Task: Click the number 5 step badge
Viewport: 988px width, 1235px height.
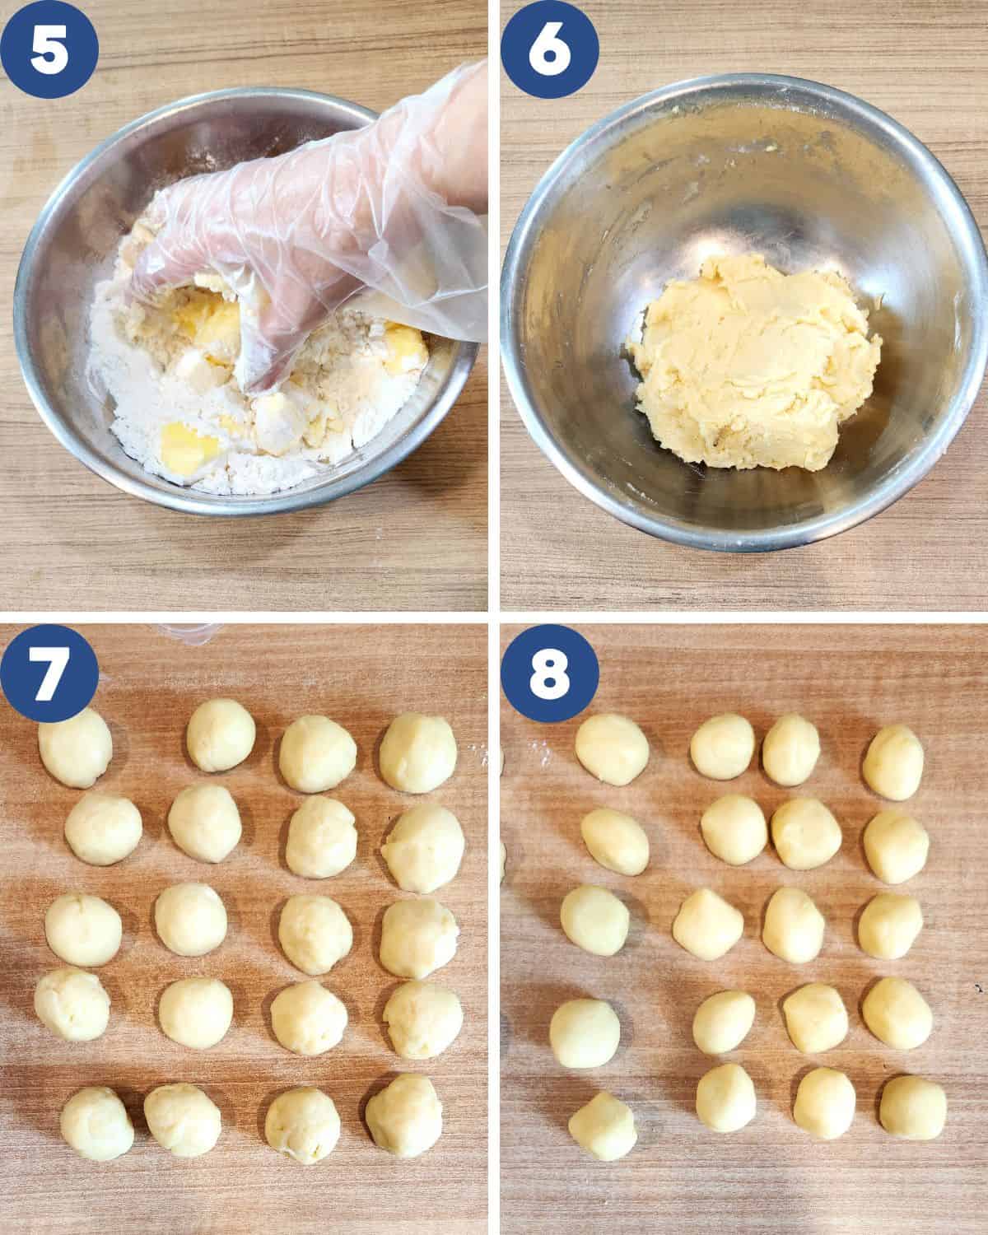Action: (x=49, y=49)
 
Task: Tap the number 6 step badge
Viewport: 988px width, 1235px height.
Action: (x=549, y=49)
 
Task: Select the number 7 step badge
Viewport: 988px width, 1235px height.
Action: (x=49, y=673)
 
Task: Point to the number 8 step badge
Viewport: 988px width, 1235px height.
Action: (x=549, y=673)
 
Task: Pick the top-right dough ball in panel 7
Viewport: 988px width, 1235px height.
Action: (x=418, y=753)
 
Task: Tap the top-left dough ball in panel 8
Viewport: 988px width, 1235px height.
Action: (x=612, y=749)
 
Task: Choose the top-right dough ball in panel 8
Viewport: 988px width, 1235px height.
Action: (x=893, y=762)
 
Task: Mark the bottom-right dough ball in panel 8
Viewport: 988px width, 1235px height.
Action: (x=913, y=1107)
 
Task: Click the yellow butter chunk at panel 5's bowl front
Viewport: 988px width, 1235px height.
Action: (x=189, y=445)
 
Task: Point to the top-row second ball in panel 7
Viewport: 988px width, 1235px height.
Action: (x=221, y=735)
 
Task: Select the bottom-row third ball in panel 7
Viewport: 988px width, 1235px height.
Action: (x=302, y=1125)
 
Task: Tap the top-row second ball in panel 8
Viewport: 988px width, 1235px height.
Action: (x=722, y=747)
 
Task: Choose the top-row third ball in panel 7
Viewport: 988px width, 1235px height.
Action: (x=318, y=753)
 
